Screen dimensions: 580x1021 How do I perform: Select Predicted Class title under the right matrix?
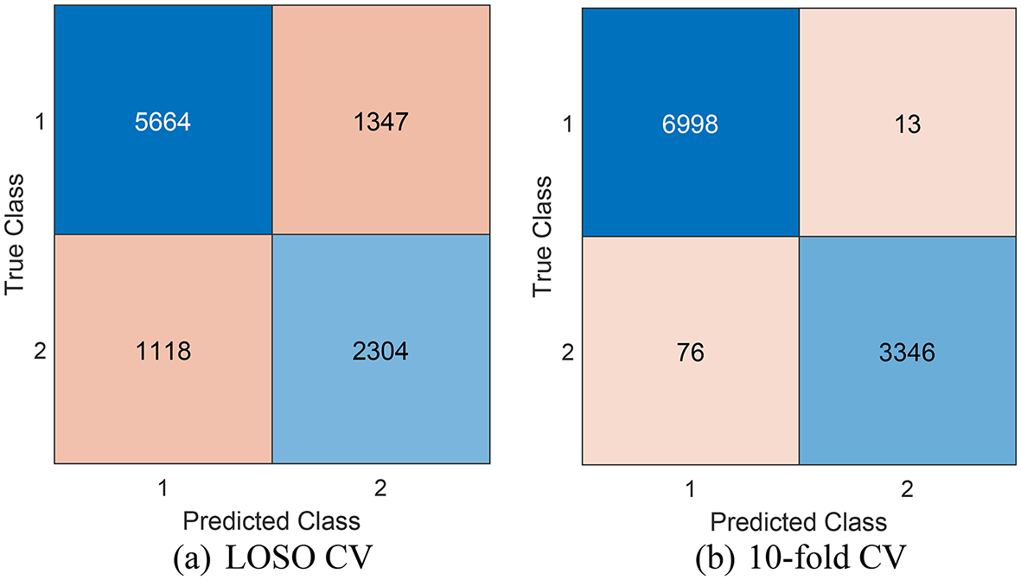798,522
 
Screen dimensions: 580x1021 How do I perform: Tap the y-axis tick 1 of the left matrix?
37,122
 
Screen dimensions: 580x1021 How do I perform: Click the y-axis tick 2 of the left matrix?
37,351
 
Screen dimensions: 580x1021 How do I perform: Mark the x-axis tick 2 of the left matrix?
381,488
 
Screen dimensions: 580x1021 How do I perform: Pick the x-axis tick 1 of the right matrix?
690,489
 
